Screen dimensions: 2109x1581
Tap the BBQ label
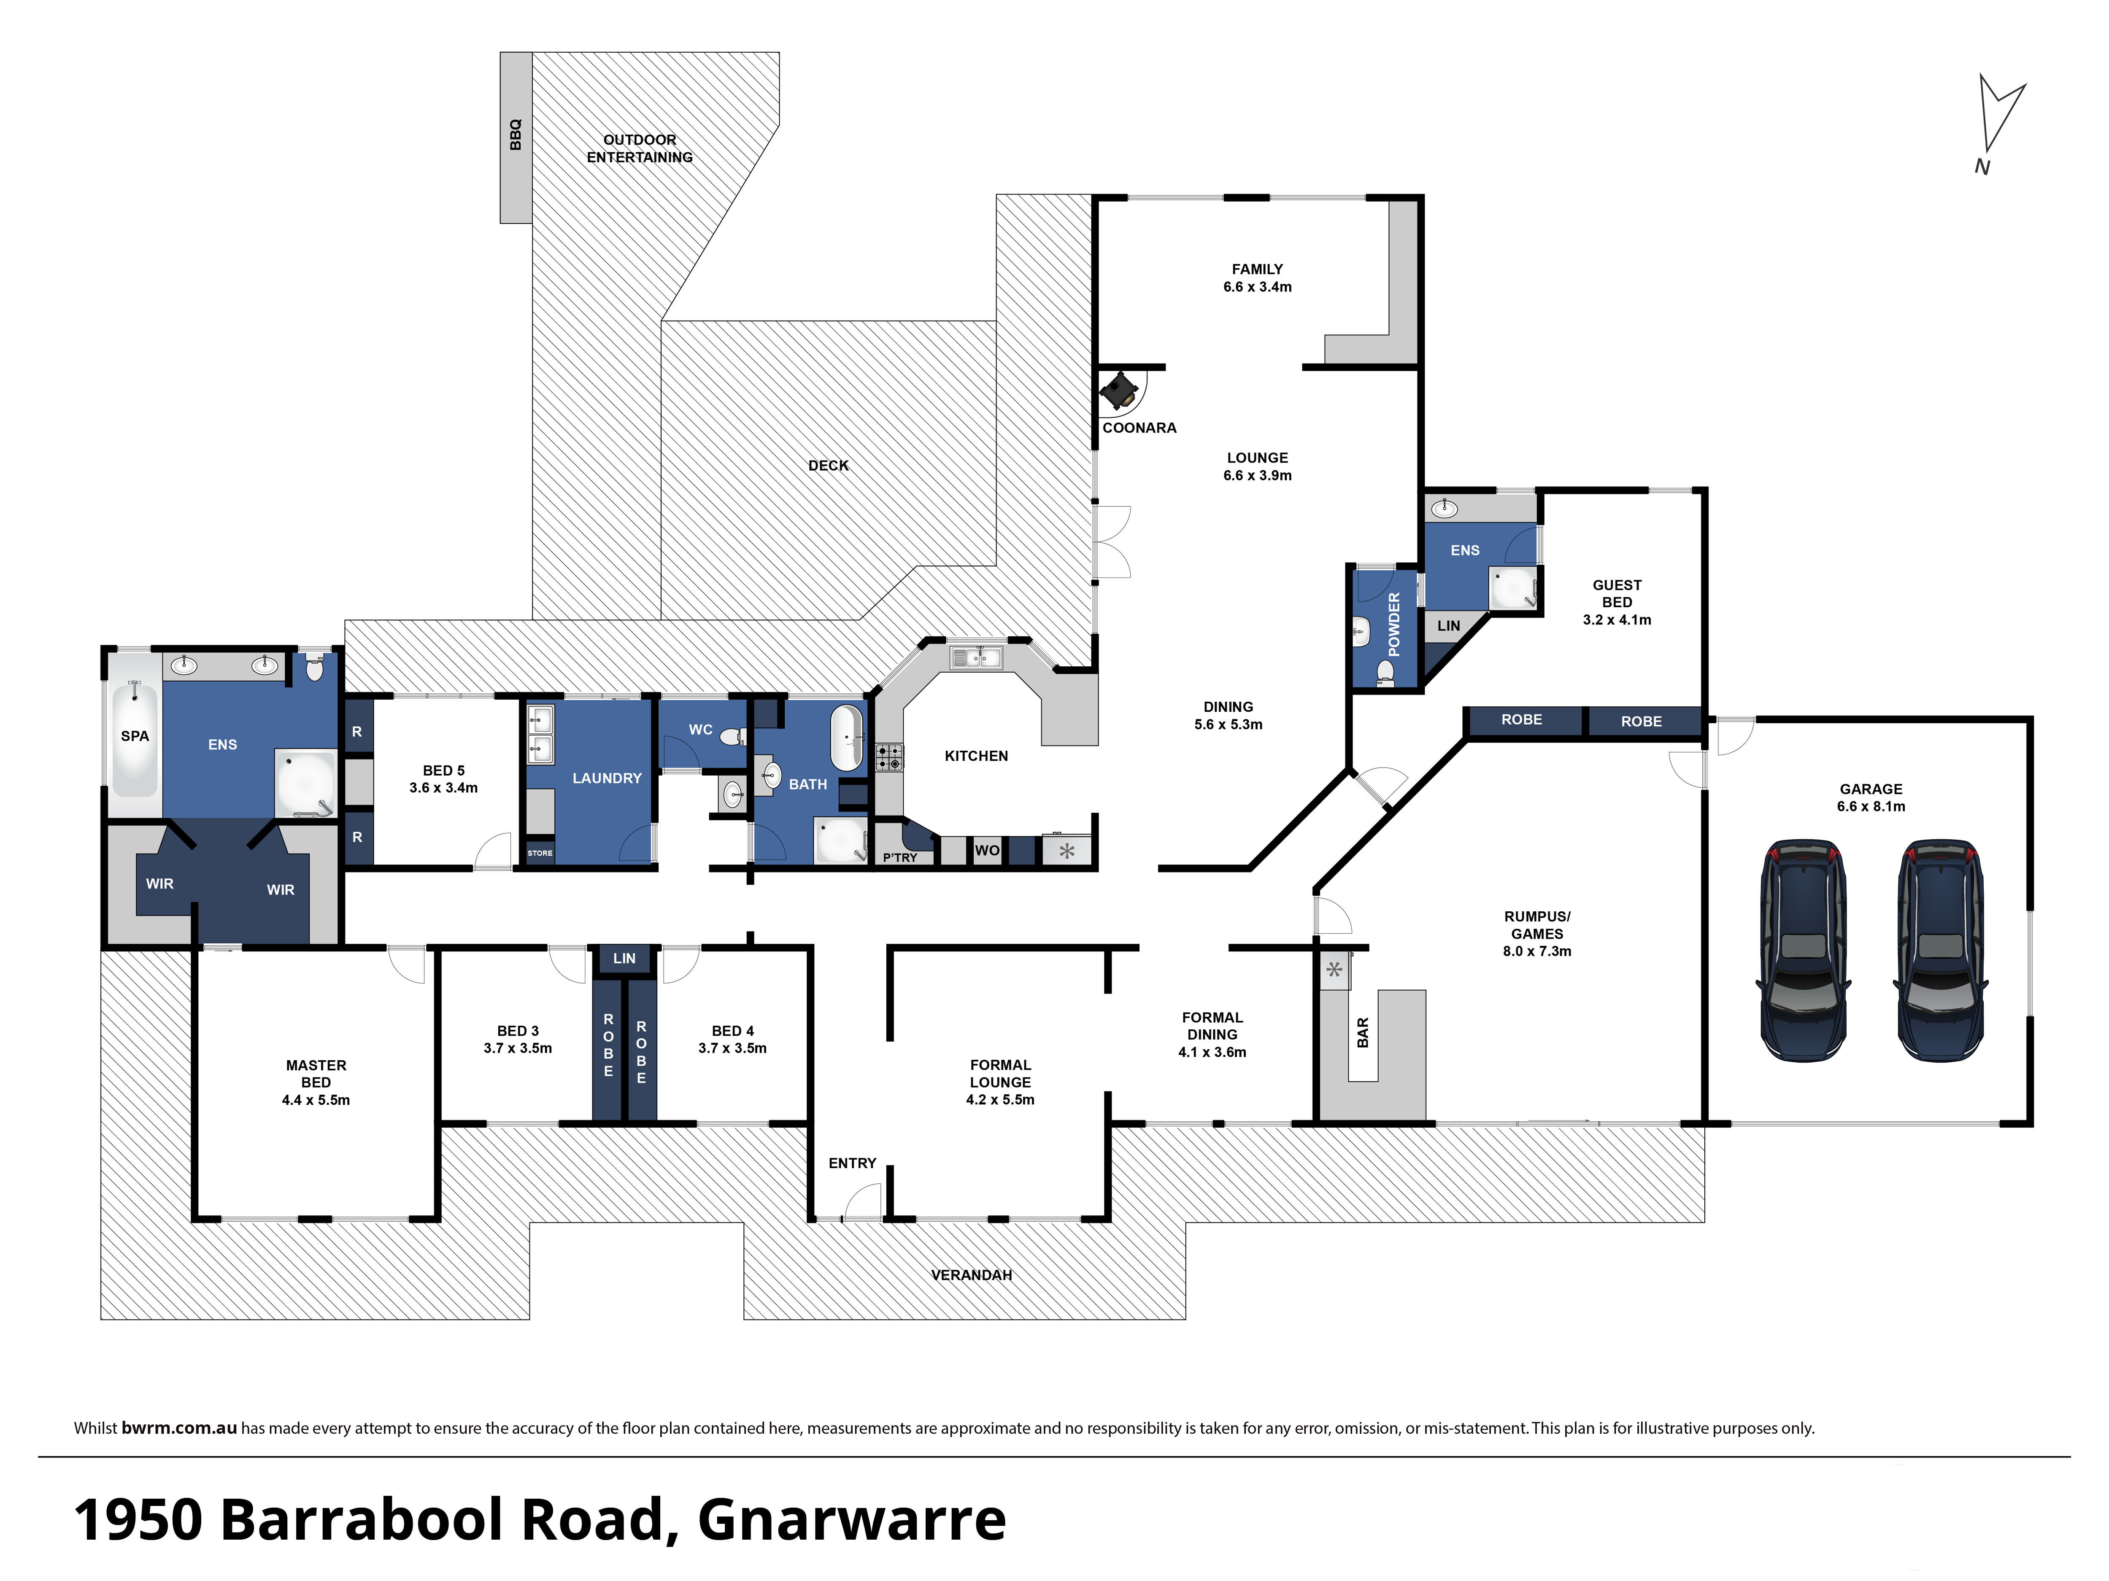click(516, 135)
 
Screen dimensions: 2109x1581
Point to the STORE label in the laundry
click(540, 853)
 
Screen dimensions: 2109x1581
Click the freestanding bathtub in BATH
click(846, 738)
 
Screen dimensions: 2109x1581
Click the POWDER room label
click(1394, 624)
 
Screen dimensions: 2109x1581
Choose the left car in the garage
click(1802, 950)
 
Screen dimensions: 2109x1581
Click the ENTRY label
click(852, 1164)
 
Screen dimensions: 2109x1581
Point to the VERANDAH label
click(972, 1275)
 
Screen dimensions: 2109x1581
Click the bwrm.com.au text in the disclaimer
click(179, 1427)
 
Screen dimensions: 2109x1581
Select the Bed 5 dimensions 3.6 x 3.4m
click(443, 788)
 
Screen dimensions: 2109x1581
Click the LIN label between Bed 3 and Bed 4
click(624, 959)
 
